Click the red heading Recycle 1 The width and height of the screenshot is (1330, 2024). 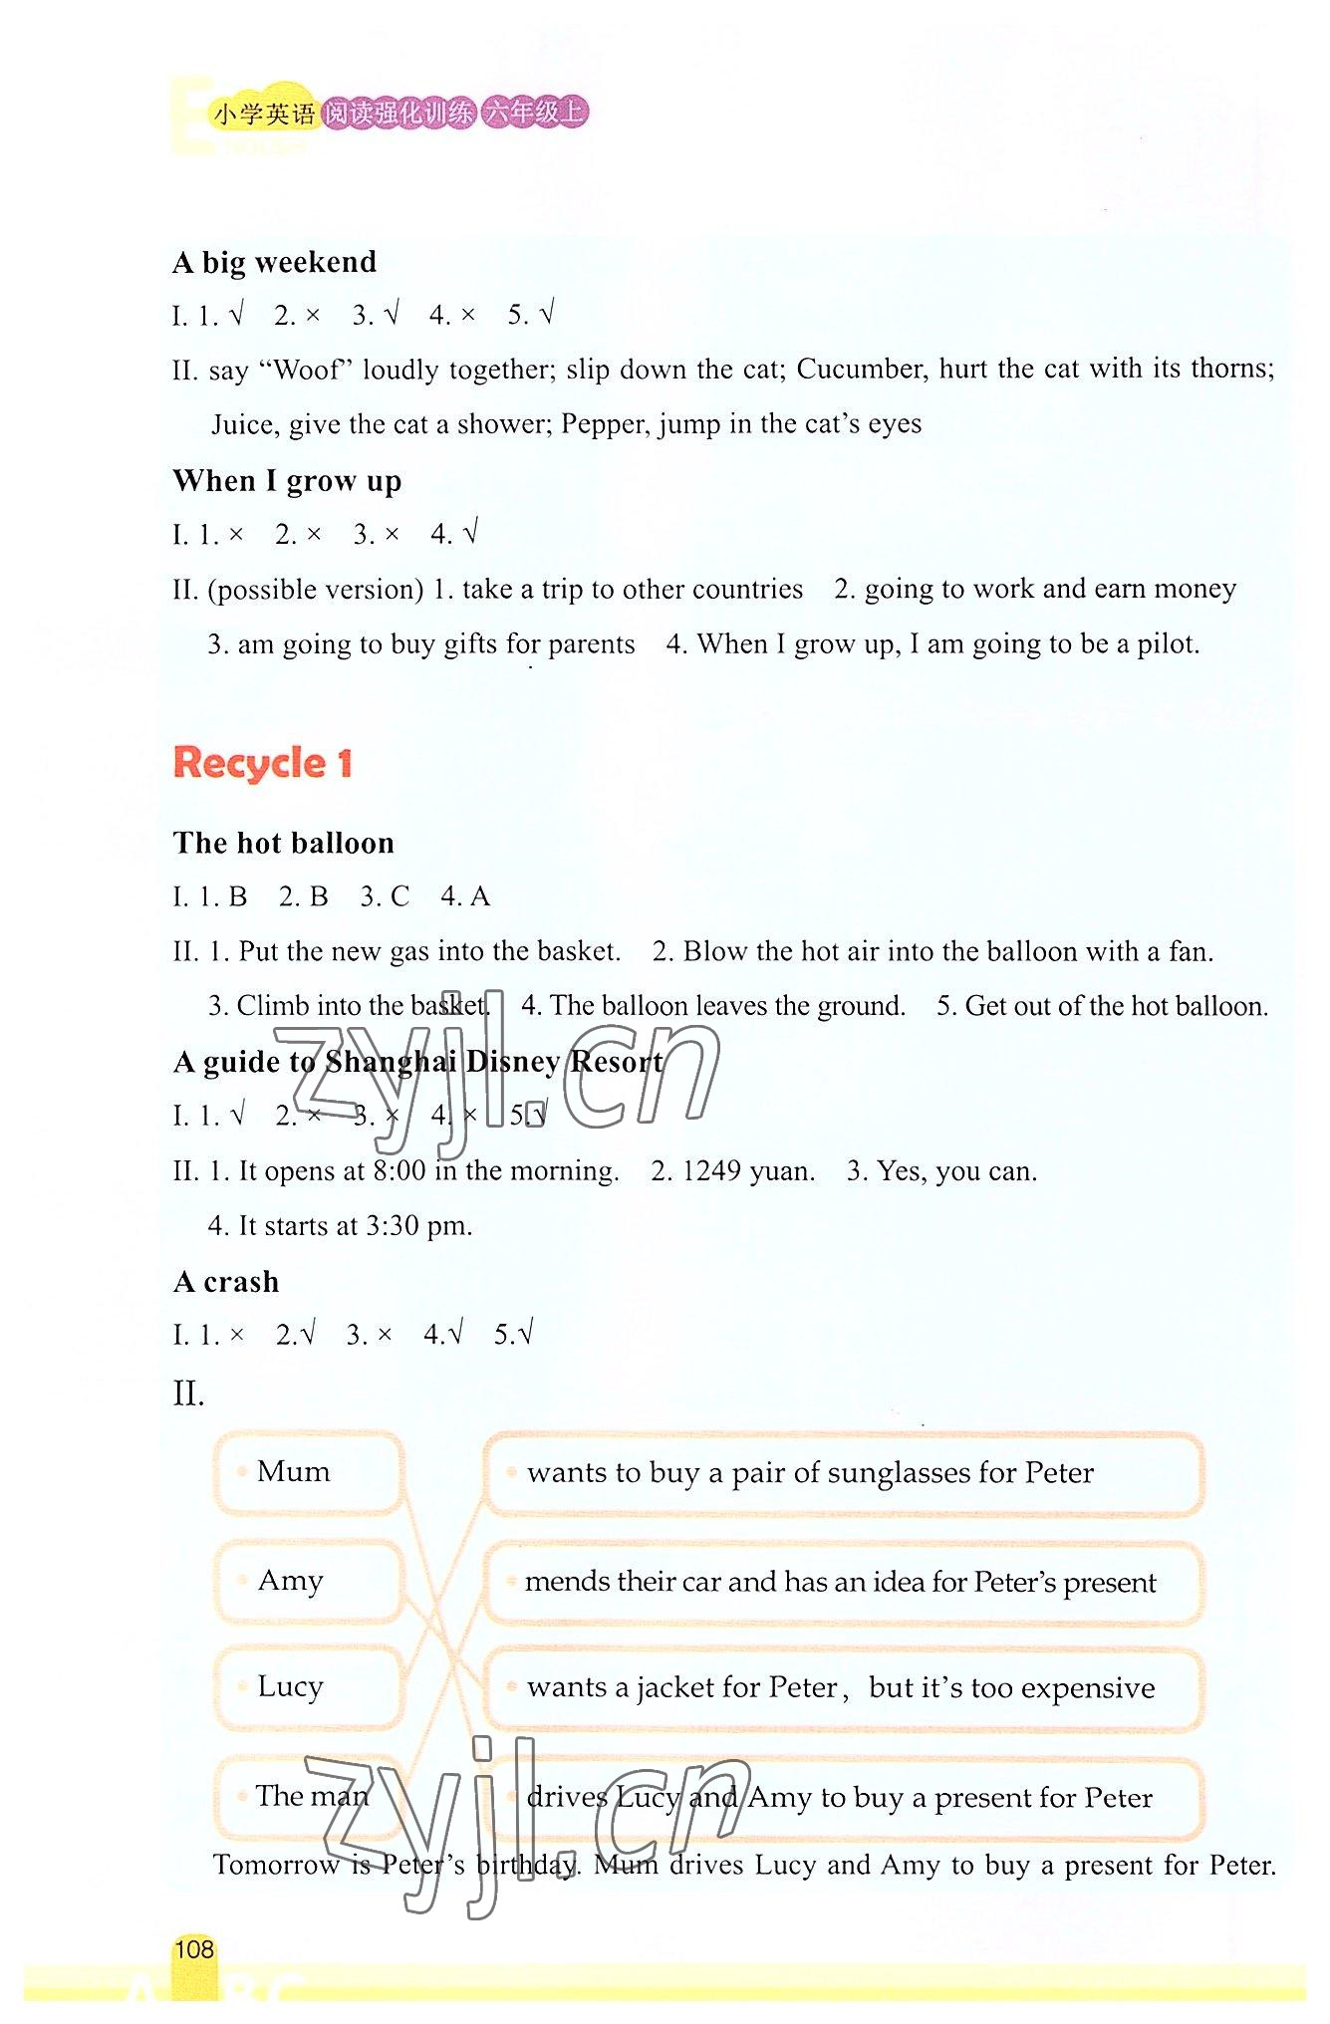262,764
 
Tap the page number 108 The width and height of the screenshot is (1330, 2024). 194,1949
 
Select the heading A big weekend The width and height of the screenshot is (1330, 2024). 275,262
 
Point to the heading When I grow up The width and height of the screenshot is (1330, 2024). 287,481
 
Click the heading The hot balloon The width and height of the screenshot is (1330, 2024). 284,844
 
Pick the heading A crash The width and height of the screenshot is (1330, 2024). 226,1282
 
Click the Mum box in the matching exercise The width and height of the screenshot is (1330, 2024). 308,1472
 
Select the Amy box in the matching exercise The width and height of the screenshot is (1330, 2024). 308,1581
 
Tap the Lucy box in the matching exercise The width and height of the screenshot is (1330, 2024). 308,1686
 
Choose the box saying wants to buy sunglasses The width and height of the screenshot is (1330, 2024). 843,1473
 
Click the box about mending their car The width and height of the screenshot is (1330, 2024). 843,1582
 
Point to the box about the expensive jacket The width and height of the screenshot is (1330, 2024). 843,1688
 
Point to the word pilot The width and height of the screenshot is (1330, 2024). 1167,644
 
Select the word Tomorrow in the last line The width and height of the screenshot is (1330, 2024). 276,1865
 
